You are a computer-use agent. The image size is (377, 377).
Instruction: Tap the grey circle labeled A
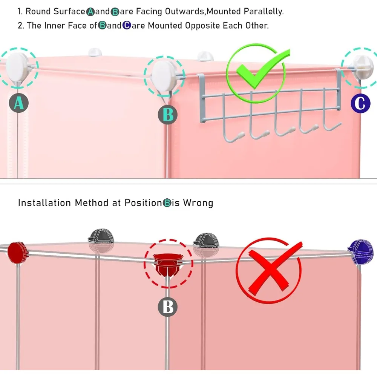(x=19, y=103)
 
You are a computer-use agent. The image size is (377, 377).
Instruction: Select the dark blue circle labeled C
(x=360, y=103)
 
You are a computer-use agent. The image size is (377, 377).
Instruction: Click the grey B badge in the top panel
(x=168, y=114)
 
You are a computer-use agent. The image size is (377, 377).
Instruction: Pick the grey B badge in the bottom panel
(x=168, y=307)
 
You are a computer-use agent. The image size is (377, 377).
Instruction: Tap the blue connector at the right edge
(x=361, y=251)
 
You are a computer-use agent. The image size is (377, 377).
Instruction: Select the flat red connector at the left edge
(x=16, y=252)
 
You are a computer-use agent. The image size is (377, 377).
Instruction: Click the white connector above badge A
(x=17, y=64)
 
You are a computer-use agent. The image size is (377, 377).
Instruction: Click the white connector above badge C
(x=362, y=65)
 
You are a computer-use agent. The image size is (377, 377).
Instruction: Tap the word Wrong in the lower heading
(x=198, y=203)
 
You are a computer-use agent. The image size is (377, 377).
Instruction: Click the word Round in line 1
(x=38, y=11)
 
